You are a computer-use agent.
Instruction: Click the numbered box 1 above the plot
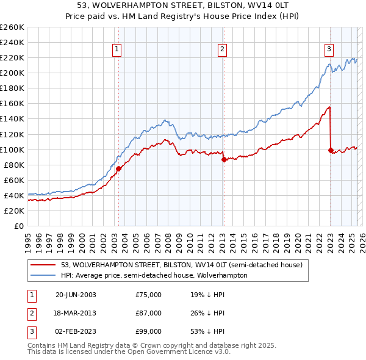(117, 50)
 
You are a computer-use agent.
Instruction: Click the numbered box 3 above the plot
(329, 50)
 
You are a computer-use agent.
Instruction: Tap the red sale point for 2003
(118, 168)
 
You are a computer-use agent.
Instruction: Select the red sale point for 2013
(224, 159)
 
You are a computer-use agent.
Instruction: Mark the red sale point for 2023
(331, 150)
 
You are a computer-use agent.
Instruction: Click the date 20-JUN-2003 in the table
(76, 295)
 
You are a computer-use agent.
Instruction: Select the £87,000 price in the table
(149, 313)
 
